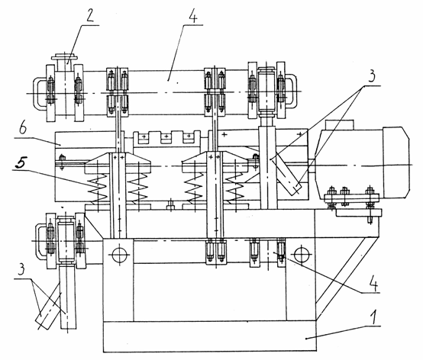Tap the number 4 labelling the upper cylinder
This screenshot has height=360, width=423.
(x=193, y=16)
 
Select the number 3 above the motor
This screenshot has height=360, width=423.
(x=372, y=76)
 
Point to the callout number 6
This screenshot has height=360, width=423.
(x=23, y=128)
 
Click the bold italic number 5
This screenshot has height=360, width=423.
(x=21, y=162)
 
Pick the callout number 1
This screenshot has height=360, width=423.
(x=373, y=317)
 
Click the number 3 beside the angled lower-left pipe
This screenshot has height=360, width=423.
(x=22, y=270)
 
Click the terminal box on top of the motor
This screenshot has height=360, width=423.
(x=340, y=124)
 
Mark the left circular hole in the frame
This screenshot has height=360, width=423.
(x=119, y=255)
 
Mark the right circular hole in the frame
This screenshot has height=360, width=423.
(x=302, y=254)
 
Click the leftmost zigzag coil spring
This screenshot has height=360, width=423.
(x=98, y=188)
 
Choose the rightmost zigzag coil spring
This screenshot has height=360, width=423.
(x=235, y=188)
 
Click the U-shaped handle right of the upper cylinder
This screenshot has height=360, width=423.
(x=291, y=92)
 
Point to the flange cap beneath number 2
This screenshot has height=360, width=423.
(x=64, y=57)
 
